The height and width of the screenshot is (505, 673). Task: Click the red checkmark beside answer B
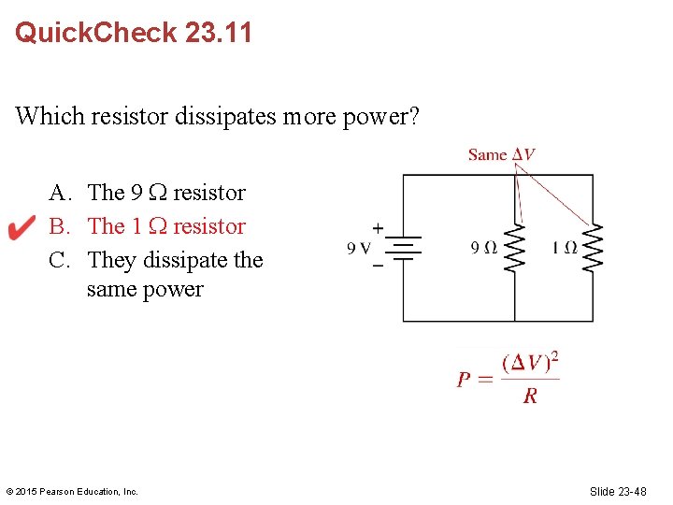point(21,227)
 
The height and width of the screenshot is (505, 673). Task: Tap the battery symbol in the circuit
point(402,247)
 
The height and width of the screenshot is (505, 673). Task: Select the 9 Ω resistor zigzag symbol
point(514,247)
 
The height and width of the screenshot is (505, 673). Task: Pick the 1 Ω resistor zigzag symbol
point(593,247)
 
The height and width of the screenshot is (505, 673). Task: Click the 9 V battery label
point(360,248)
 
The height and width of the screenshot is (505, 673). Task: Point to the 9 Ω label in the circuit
point(483,248)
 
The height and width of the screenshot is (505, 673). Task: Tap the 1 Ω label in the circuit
point(564,248)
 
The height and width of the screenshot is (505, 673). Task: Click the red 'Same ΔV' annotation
point(501,154)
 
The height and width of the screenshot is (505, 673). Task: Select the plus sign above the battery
point(378,227)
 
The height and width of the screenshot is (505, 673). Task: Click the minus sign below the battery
point(378,266)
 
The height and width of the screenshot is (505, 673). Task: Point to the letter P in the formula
point(464,380)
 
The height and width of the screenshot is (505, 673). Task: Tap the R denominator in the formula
point(530,397)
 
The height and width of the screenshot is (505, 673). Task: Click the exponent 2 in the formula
point(555,356)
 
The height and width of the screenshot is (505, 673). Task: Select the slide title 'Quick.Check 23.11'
point(134,34)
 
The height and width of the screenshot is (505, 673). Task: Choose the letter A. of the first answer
point(62,193)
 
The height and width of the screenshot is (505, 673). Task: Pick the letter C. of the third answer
point(62,260)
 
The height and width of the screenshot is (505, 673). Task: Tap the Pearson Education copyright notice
point(72,491)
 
